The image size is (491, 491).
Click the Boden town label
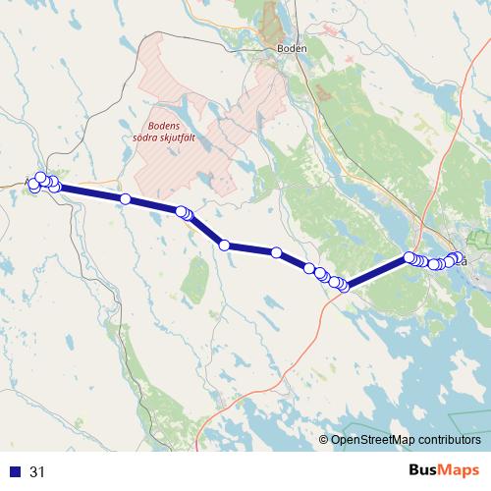pos(293,48)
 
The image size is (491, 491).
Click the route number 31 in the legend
pos(38,472)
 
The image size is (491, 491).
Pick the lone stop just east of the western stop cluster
pos(126,199)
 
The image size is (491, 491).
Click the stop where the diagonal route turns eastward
pos(225,245)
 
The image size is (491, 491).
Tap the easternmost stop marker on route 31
pos(459,258)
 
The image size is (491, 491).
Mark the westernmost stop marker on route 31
pos(33,186)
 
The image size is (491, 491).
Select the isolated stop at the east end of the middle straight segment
pos(277,253)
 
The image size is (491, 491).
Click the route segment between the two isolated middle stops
pos(250,249)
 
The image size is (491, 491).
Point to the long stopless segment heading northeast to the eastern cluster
pos(377,272)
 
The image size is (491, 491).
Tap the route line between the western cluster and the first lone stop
pos(90,192)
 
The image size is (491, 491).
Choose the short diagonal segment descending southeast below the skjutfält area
pos(205,229)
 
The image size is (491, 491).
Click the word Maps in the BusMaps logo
pos(460,470)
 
